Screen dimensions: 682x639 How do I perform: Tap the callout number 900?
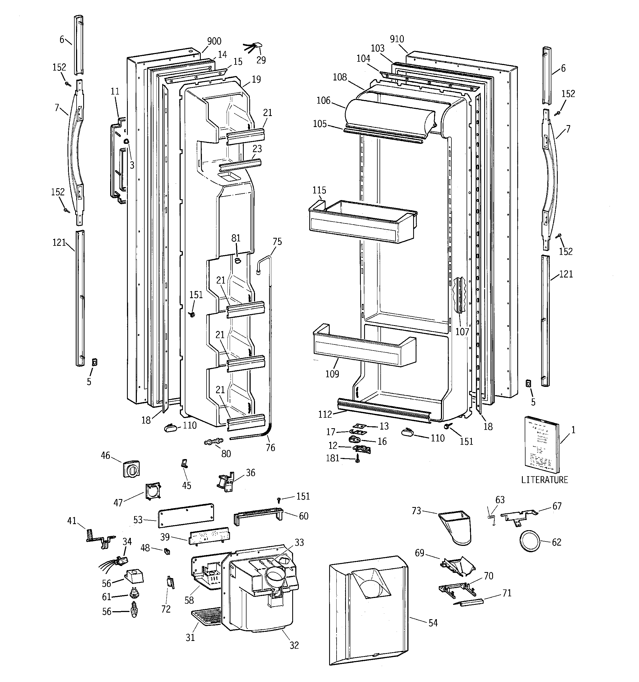[214, 41]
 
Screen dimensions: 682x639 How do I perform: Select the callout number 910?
[397, 39]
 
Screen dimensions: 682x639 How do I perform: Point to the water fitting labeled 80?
[213, 441]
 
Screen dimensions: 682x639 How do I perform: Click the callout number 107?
[462, 332]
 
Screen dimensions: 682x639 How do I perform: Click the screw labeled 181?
[358, 458]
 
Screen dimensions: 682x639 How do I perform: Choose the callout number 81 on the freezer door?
[236, 238]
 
